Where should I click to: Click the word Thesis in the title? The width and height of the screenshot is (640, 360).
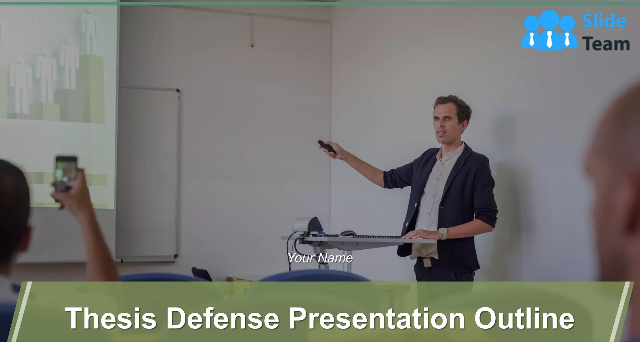pyautogui.click(x=111, y=318)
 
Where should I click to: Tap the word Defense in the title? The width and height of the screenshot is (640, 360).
pyautogui.click(x=222, y=318)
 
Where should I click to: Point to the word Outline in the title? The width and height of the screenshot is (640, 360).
pyautogui.click(x=524, y=318)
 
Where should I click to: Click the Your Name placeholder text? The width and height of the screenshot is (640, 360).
pyautogui.click(x=320, y=258)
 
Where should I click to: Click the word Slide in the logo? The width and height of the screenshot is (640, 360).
pyautogui.click(x=604, y=21)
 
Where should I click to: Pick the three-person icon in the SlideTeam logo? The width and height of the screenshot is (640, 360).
pyautogui.click(x=549, y=30)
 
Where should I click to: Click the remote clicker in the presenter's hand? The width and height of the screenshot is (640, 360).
pyautogui.click(x=327, y=147)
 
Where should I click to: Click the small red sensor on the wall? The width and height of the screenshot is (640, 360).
pyautogui.click(x=252, y=46)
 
